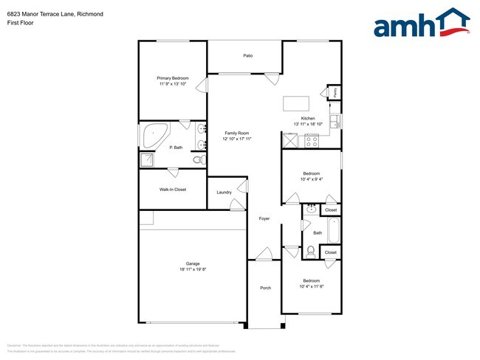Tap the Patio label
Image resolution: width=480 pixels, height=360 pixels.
pos(248,55)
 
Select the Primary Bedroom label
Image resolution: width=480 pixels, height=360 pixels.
pos(172,78)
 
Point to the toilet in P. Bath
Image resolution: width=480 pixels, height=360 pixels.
pos(197,159)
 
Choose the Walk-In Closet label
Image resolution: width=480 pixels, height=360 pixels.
pos(172,190)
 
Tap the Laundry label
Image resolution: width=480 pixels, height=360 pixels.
pos(224,193)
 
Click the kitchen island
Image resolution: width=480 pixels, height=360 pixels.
pos(296,103)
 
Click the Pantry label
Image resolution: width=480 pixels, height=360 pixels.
pos(335,92)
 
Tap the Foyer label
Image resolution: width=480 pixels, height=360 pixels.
pos(264,219)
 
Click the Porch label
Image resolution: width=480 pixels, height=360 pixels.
pos(264,288)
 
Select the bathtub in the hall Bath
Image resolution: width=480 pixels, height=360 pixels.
pos(333,231)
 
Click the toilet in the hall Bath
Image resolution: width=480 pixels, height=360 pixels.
pos(311,253)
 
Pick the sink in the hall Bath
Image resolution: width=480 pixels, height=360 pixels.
pos(311,210)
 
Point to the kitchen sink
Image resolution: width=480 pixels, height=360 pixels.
pos(335,121)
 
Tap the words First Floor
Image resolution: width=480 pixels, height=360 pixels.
pos(20,23)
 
